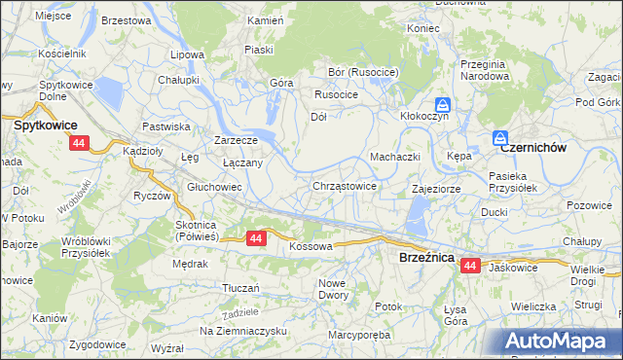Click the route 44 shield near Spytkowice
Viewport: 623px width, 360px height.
79,142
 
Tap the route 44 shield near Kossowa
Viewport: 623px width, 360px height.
256,237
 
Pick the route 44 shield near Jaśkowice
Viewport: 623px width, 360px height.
470,265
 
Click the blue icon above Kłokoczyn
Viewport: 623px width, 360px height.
442,104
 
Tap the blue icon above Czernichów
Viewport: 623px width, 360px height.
500,138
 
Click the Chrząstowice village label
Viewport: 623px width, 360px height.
345,185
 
